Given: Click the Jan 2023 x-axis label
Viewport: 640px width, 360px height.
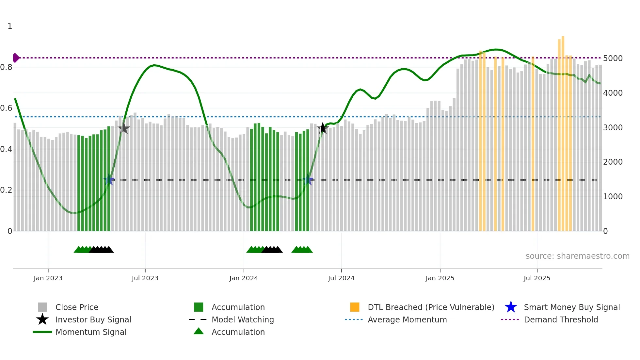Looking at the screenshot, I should tap(48, 278).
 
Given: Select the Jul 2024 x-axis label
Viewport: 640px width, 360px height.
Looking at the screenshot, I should tap(341, 278).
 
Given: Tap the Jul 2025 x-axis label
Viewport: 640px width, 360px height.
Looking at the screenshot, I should tap(537, 278).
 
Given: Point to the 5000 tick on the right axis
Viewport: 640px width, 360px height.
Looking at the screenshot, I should tap(613, 58).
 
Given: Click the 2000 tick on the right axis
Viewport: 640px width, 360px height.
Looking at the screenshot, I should tap(613, 162).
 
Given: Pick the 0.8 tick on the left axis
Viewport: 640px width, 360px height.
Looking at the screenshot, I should tap(6, 67).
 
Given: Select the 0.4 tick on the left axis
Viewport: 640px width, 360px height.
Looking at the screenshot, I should tap(6, 149).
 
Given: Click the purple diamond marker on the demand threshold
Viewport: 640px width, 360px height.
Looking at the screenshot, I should tap(16, 58).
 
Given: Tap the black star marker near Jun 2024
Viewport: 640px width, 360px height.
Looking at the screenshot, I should tap(323, 128).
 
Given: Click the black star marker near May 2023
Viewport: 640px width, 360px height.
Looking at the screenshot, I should tap(124, 128).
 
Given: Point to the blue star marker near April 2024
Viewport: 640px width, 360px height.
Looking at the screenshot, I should tap(308, 180).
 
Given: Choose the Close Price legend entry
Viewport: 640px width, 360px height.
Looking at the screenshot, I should tap(77, 307).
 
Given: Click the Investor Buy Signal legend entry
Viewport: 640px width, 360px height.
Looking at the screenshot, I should tap(93, 319).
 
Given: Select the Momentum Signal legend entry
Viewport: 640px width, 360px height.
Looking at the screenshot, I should tap(91, 332).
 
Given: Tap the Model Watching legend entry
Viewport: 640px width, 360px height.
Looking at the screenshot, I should tap(243, 319).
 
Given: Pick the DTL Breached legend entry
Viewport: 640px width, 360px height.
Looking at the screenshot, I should tap(431, 307).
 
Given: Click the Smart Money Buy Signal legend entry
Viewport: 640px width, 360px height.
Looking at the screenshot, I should tap(572, 307).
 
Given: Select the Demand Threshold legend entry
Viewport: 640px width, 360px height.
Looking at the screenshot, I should tap(561, 319).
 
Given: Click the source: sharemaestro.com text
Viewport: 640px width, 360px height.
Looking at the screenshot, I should tap(577, 256).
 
